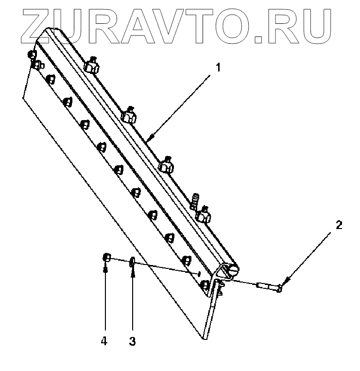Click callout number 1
pyautogui.click(x=219, y=68)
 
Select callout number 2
pyautogui.click(x=339, y=225)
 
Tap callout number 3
pyautogui.click(x=132, y=341)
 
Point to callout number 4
pyautogui.click(x=104, y=341)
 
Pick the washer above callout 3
pyautogui.click(x=132, y=263)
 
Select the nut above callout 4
pyautogui.click(x=107, y=258)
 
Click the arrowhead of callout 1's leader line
pyautogui.click(x=149, y=139)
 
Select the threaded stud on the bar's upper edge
pyautogui.click(x=196, y=199)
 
